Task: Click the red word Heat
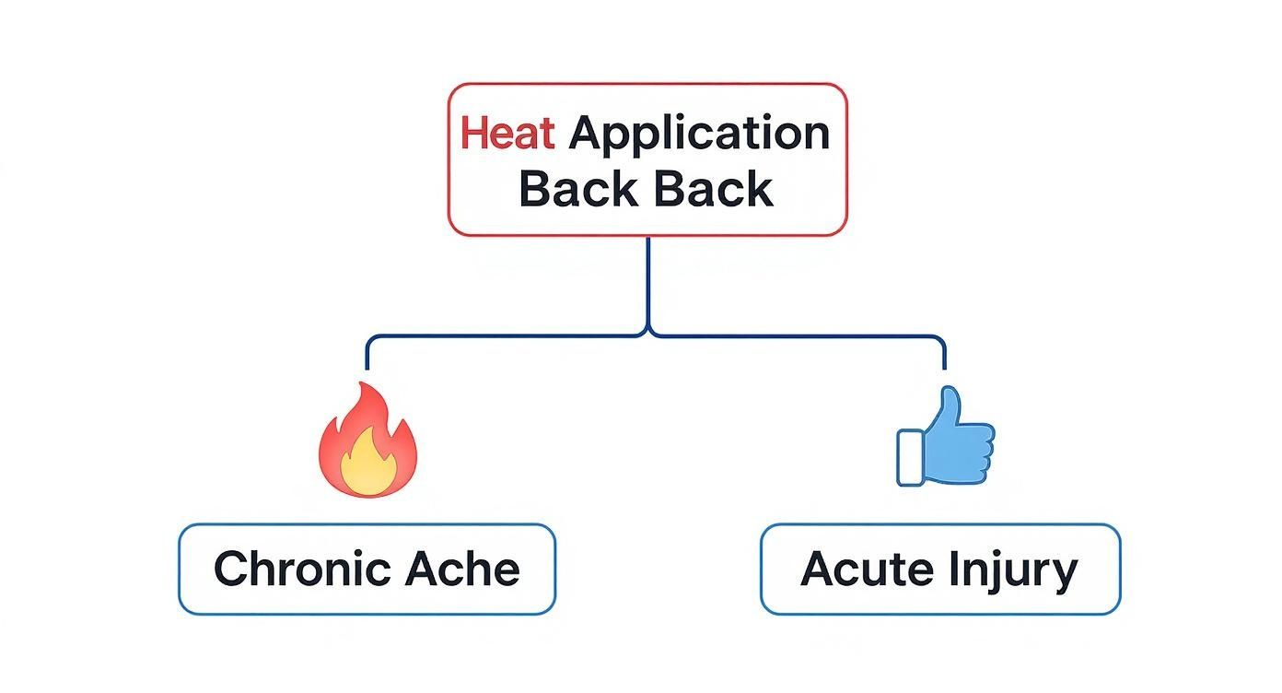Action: tap(507, 134)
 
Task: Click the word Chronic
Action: tap(297, 569)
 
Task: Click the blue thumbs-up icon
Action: tap(946, 438)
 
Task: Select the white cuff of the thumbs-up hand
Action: tap(909, 457)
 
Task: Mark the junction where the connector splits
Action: tap(648, 335)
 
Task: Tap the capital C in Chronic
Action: tap(232, 569)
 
